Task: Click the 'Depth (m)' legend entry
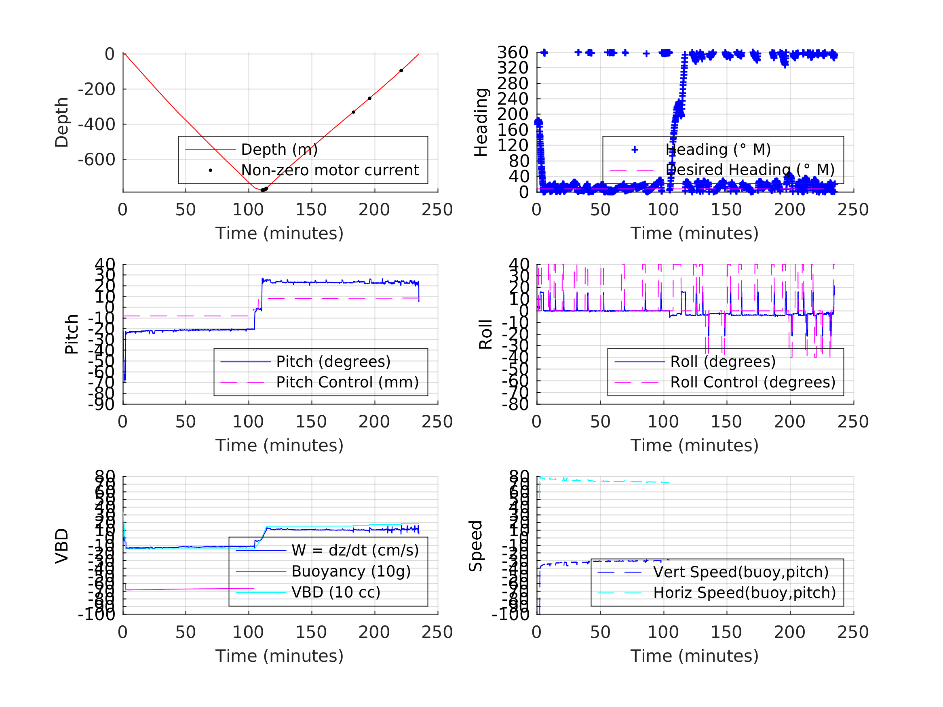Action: click(x=279, y=149)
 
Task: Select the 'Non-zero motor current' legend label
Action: click(x=330, y=170)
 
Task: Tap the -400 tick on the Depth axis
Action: click(x=96, y=124)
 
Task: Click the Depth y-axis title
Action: click(x=62, y=122)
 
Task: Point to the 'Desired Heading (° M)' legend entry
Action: click(x=750, y=170)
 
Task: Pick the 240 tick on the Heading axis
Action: click(x=513, y=99)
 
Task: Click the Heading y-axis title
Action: click(x=481, y=122)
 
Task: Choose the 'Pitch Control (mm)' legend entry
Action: click(x=348, y=382)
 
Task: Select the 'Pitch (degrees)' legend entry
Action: click(x=333, y=362)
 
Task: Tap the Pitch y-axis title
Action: click(x=72, y=335)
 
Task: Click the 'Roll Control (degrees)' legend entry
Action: click(x=753, y=382)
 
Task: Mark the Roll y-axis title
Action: click(x=485, y=335)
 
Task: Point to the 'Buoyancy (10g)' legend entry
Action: click(x=351, y=572)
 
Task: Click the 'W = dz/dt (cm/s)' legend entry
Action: click(x=355, y=551)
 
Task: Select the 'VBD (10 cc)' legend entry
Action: click(x=336, y=592)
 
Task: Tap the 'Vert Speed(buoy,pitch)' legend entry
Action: click(x=741, y=572)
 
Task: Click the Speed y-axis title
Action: click(x=476, y=546)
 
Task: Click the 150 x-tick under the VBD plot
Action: click(x=311, y=632)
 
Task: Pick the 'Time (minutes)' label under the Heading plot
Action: click(x=694, y=234)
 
